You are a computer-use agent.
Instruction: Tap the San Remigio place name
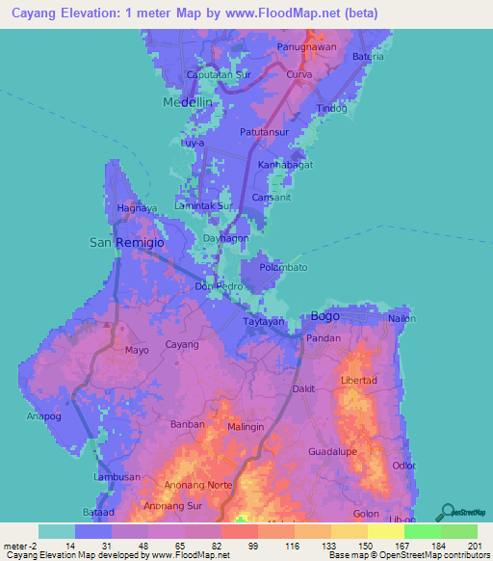[x=127, y=243]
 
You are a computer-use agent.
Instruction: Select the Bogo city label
[x=326, y=316]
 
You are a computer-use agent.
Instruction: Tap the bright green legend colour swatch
[x=423, y=531]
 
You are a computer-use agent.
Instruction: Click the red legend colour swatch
[x=240, y=531]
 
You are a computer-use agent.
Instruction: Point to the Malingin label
[x=246, y=426]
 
